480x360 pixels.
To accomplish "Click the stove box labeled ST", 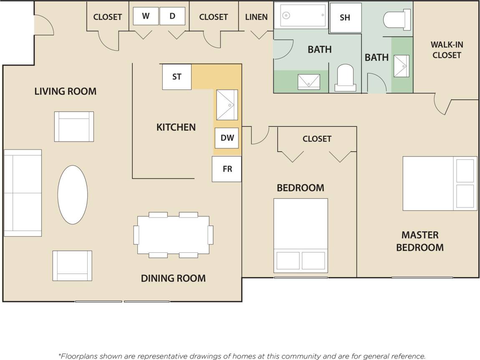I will [177, 77].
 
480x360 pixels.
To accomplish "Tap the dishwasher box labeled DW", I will [227, 138].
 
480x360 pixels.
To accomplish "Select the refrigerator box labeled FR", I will [227, 169].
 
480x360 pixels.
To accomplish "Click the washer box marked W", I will [146, 16].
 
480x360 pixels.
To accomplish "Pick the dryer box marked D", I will [172, 16].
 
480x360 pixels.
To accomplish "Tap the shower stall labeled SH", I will [345, 18].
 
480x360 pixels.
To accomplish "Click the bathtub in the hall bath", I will [303, 15].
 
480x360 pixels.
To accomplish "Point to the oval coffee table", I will [73, 195].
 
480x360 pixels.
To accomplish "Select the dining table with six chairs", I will [174, 235].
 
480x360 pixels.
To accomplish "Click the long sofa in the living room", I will [23, 193].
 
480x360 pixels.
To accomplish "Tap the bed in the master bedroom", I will [439, 183].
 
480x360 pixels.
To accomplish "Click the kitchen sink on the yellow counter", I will [227, 105].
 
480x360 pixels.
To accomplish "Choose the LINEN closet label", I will [256, 17].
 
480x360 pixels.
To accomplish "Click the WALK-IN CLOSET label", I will [447, 50].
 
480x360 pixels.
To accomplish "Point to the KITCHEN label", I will [176, 127].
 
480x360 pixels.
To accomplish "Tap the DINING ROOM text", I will [173, 278].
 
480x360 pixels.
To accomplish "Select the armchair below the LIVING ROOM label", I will [74, 127].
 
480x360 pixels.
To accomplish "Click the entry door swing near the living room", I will [43, 24].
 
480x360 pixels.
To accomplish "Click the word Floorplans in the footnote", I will [78, 356].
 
